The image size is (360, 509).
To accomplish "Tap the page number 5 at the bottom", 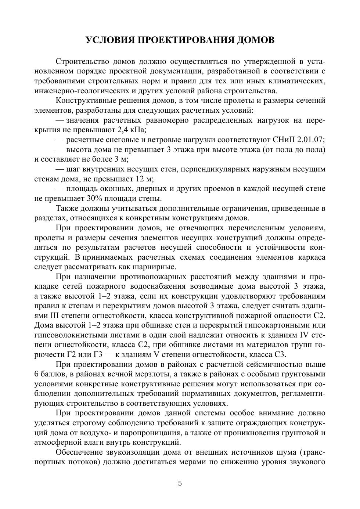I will coord(180,483).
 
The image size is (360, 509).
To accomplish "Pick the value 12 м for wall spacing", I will coord(145,179).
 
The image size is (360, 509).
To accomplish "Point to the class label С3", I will coord(280,355).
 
